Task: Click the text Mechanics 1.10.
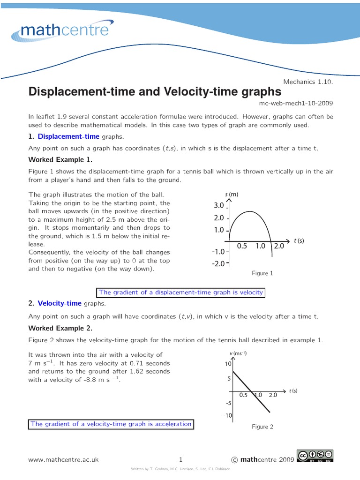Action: [308, 82]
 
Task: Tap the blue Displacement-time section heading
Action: [68, 136]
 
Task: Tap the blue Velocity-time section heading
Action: [60, 303]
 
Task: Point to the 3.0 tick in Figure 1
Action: [219, 205]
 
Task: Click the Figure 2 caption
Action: [262, 427]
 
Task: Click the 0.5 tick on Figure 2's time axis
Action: [243, 395]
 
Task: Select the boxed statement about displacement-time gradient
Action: [181, 292]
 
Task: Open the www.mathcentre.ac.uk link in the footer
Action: [63, 460]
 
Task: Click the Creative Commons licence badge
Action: [315, 457]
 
